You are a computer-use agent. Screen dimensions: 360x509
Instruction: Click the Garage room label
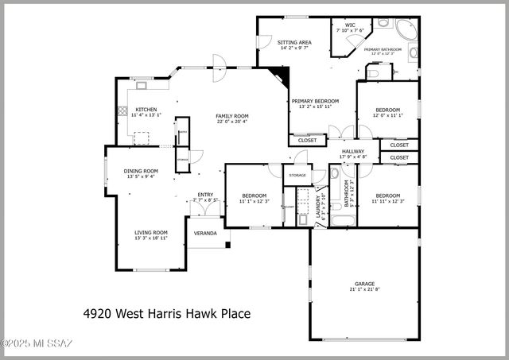[x=364, y=284]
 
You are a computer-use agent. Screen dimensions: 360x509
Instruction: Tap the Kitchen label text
[x=146, y=110]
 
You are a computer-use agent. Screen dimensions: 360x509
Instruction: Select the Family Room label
[x=232, y=116]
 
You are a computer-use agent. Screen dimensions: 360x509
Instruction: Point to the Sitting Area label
[x=293, y=42]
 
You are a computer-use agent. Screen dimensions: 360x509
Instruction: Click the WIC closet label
[x=350, y=25]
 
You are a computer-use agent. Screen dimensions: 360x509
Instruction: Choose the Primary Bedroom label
[x=315, y=101]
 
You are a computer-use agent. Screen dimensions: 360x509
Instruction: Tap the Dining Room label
[x=140, y=171]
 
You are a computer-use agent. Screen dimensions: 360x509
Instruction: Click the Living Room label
[x=150, y=232]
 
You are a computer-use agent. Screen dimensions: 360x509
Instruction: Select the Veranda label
[x=206, y=233]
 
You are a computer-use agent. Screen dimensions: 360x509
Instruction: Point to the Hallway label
[x=353, y=151]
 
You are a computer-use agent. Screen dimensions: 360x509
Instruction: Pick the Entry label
[x=205, y=195]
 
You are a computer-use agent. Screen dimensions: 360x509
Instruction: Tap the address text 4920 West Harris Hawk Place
[x=167, y=314]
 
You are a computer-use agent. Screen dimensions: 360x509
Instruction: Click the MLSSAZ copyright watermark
[x=37, y=343]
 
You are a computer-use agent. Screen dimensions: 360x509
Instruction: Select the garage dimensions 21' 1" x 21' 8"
[x=364, y=289]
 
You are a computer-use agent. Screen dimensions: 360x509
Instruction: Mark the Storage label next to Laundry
[x=297, y=175]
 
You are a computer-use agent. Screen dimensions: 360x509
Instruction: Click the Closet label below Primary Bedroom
[x=308, y=140]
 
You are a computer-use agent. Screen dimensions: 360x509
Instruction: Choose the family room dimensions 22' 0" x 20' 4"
[x=232, y=122]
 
